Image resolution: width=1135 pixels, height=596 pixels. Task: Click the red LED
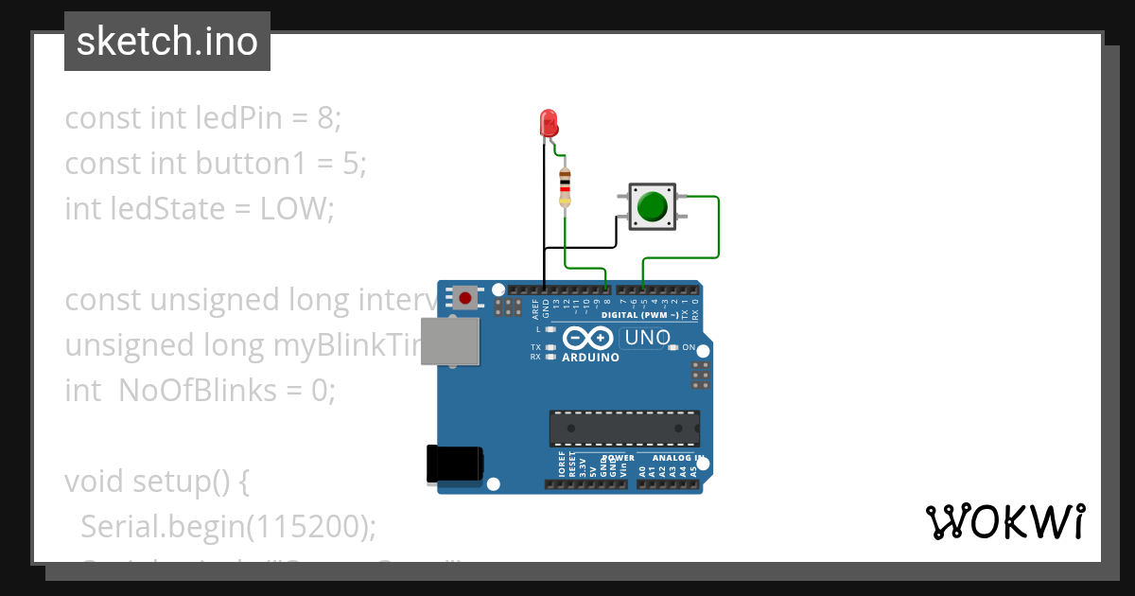[548, 123]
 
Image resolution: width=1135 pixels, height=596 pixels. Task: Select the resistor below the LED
[566, 186]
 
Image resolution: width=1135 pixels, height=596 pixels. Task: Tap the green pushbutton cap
[652, 205]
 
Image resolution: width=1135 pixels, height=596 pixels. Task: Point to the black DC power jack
[455, 464]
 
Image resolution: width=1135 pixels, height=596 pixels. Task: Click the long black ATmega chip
[625, 428]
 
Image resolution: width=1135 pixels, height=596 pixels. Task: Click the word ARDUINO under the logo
[591, 358]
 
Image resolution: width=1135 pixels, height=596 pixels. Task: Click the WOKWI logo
[1005, 521]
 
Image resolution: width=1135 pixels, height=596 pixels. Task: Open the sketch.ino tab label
[167, 42]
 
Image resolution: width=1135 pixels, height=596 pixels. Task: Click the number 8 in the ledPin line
[325, 118]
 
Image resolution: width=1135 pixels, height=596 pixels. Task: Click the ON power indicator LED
[672, 347]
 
